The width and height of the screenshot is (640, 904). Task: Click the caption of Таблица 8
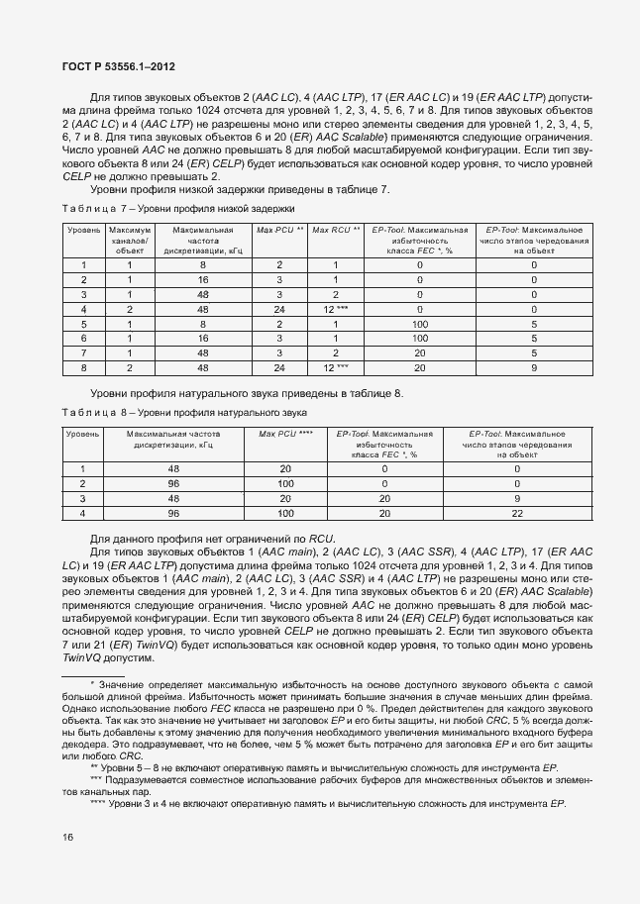(x=186, y=412)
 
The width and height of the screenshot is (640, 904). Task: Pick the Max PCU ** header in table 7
(x=280, y=230)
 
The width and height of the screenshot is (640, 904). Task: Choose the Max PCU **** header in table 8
(x=285, y=434)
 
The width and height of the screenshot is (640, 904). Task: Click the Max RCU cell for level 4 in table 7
(x=336, y=309)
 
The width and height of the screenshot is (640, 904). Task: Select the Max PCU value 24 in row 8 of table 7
(x=280, y=368)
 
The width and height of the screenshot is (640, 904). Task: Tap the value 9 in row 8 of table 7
(x=534, y=368)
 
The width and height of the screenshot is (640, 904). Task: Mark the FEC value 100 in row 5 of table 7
(x=419, y=324)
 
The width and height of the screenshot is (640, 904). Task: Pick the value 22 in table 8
(x=516, y=514)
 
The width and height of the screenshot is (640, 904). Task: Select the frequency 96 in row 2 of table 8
(x=173, y=484)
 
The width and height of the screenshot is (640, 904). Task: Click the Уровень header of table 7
(x=84, y=230)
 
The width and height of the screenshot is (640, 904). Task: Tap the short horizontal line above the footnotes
(x=93, y=675)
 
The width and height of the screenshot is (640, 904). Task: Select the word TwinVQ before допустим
(x=82, y=658)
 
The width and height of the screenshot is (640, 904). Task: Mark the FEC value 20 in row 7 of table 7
(x=419, y=353)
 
